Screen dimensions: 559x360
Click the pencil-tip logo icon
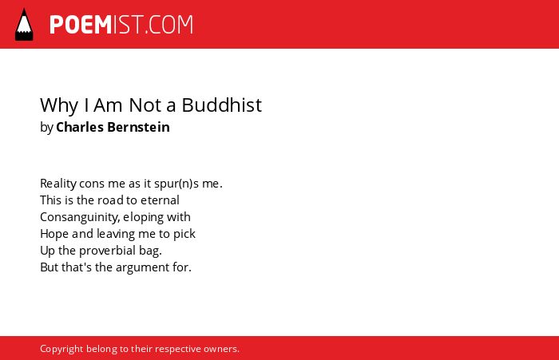pyautogui.click(x=24, y=24)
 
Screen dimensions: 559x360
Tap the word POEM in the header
pyautogui.click(x=81, y=25)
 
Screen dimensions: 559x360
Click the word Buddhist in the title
pyautogui.click(x=222, y=105)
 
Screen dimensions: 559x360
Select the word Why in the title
pyautogui.click(x=59, y=106)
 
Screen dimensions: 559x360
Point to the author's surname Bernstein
pyautogui.click(x=138, y=127)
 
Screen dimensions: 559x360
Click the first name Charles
pyautogui.click(x=80, y=127)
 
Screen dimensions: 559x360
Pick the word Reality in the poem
pyautogui.click(x=58, y=184)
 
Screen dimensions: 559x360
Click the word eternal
pyautogui.click(x=160, y=200)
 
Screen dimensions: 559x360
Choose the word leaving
pyautogui.click(x=116, y=234)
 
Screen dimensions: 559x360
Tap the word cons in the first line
pyautogui.click(x=92, y=184)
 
